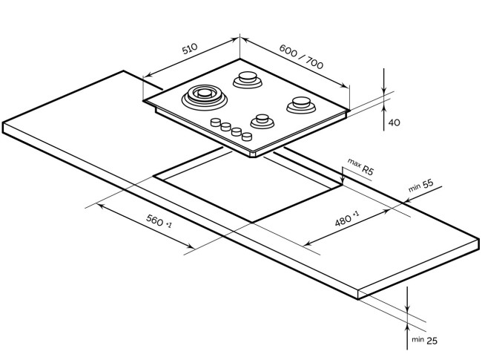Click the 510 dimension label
coord(190,48)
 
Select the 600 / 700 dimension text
coord(301,56)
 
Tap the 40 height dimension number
coord(394,122)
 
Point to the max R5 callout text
coord(360,167)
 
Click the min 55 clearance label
coord(421,186)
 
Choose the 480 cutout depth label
coord(346,218)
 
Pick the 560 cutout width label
coord(159,221)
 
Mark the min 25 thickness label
coord(424,340)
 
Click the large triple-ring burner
coord(205,97)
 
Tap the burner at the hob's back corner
coord(248,79)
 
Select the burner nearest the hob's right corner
coord(301,105)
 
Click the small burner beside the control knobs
coord(263,122)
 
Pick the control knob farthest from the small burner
coord(216,122)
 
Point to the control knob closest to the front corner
coord(247,137)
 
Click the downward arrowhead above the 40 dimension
coord(383,89)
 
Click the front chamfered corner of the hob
coord(253,155)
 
